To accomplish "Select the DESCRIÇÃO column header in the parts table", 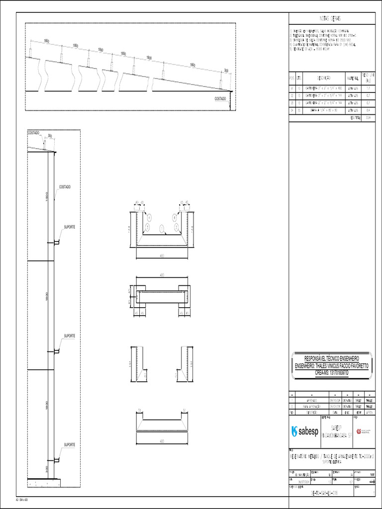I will pyautogui.click(x=324, y=78).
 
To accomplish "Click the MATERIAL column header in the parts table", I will pyautogui.click(x=353, y=78).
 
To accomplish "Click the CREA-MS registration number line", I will pyautogui.click(x=332, y=372).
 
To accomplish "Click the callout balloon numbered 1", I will pyautogui.click(x=162, y=228).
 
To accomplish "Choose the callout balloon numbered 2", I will pyautogui.click(x=176, y=227).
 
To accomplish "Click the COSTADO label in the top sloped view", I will pyautogui.click(x=220, y=98).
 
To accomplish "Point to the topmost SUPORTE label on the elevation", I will pyautogui.click(x=69, y=227).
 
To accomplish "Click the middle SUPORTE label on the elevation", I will pyautogui.click(x=69, y=336).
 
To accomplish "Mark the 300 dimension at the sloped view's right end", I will pyautogui.click(x=226, y=71).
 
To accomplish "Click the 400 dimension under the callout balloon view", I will pyautogui.click(x=162, y=255).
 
